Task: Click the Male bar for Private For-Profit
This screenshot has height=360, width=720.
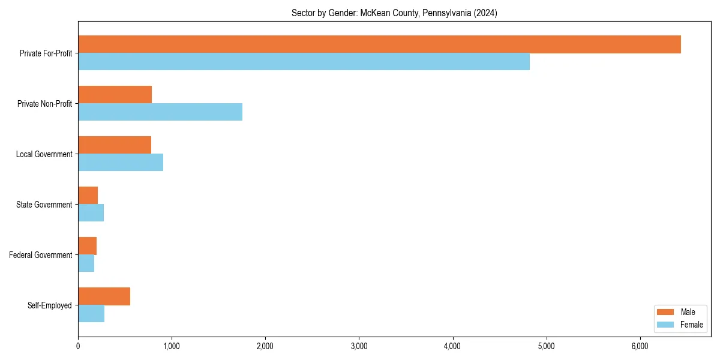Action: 379,44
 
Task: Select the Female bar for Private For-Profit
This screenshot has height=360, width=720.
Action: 304,62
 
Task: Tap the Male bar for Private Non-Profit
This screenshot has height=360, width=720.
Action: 115,95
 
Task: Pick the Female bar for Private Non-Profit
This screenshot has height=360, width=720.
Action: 160,112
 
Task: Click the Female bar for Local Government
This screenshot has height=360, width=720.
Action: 121,163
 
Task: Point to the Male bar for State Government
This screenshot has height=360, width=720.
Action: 88,196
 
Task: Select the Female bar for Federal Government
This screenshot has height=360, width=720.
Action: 86,263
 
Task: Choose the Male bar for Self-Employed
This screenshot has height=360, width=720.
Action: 104,296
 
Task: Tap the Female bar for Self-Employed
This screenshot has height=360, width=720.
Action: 91,314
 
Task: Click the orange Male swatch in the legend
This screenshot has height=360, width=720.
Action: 666,312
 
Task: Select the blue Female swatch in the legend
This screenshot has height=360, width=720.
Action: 666,325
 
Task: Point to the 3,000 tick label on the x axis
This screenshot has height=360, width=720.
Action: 359,346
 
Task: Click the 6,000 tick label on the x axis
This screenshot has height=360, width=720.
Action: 640,346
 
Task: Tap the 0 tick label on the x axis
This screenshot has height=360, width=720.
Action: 78,346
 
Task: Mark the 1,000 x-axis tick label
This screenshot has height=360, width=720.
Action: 172,346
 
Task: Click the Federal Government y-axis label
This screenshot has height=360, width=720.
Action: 41,255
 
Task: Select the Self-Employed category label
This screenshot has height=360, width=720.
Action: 50,305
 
